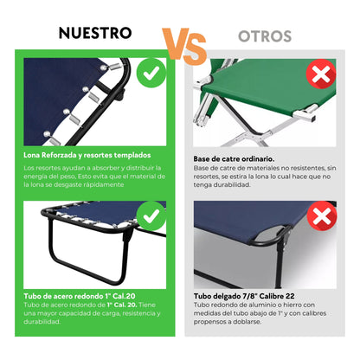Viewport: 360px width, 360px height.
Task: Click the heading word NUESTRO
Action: pos(95,33)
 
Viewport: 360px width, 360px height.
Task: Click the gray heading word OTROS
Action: pos(265,36)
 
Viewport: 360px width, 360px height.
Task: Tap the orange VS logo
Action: pos(184,46)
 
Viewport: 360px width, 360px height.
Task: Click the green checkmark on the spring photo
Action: pos(151,73)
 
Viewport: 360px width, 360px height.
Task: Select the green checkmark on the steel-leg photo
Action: pos(151,215)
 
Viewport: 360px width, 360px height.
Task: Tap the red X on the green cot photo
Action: pos(321,74)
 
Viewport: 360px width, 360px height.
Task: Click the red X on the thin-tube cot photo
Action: pos(322,216)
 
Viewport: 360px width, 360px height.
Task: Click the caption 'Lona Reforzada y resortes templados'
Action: pos(87,155)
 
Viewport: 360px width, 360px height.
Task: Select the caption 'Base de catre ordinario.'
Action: pos(234,158)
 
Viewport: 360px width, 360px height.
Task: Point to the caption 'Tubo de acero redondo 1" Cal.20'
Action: pos(80,296)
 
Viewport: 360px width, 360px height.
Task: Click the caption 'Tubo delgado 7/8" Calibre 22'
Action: pos(244,296)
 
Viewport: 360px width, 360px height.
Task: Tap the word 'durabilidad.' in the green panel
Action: pos(42,322)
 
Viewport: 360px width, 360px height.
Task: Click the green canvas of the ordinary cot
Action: pos(268,87)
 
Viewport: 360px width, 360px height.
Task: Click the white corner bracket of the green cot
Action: pos(305,113)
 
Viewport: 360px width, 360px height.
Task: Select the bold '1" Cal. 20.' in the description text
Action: pos(122,305)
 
